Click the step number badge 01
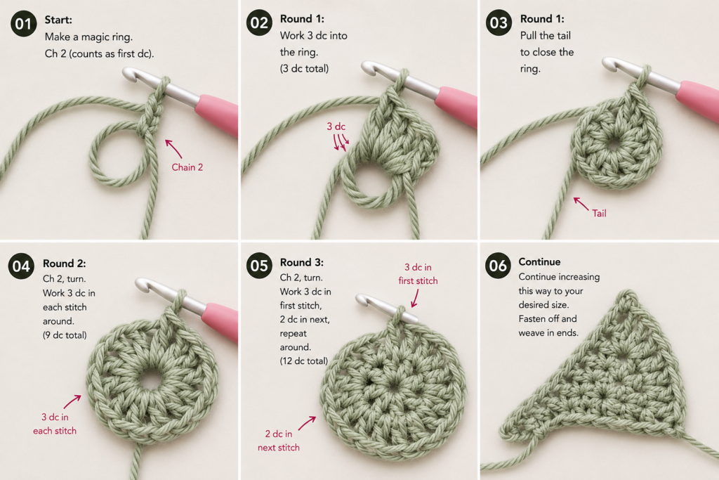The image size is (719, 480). [23, 24]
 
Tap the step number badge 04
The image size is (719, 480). [21, 266]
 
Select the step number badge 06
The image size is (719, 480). [499, 266]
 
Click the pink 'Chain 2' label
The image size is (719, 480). [187, 167]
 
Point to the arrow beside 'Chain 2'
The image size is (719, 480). [173, 149]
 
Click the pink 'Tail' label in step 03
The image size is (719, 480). [599, 214]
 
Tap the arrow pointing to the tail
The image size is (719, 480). [581, 204]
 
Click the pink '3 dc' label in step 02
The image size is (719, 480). [336, 127]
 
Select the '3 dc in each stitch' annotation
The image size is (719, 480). [55, 424]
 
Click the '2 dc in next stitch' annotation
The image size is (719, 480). [278, 441]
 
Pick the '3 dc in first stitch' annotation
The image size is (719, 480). [418, 274]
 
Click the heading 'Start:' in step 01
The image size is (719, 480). [58, 20]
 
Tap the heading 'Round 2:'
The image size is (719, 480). [64, 264]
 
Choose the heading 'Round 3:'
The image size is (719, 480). [302, 262]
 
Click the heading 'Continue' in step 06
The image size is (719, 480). [539, 262]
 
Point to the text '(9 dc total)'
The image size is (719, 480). [65, 335]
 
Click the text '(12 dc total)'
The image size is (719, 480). [304, 361]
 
